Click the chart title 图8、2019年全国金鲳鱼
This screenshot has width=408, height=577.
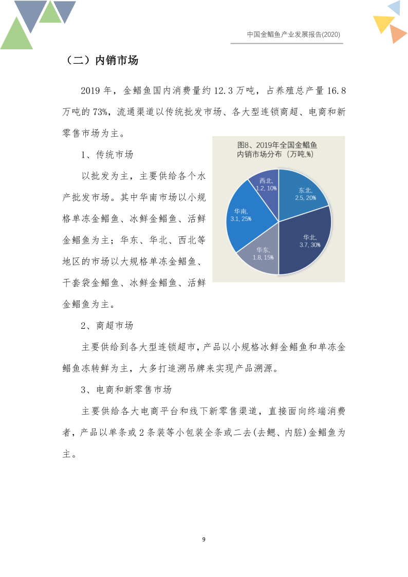click(278, 145)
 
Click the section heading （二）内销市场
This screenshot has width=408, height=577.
click(101, 61)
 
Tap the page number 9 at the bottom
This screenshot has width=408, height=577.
click(204, 539)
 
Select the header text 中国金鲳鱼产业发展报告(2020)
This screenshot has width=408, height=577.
click(293, 34)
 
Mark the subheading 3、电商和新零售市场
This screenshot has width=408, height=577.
click(126, 389)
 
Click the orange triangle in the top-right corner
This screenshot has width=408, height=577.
click(397, 34)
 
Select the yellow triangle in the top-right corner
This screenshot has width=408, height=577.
click(383, 23)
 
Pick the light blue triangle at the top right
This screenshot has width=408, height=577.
click(395, 8)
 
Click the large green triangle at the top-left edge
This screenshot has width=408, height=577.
click(15, 36)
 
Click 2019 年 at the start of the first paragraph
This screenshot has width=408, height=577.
click(96, 91)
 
